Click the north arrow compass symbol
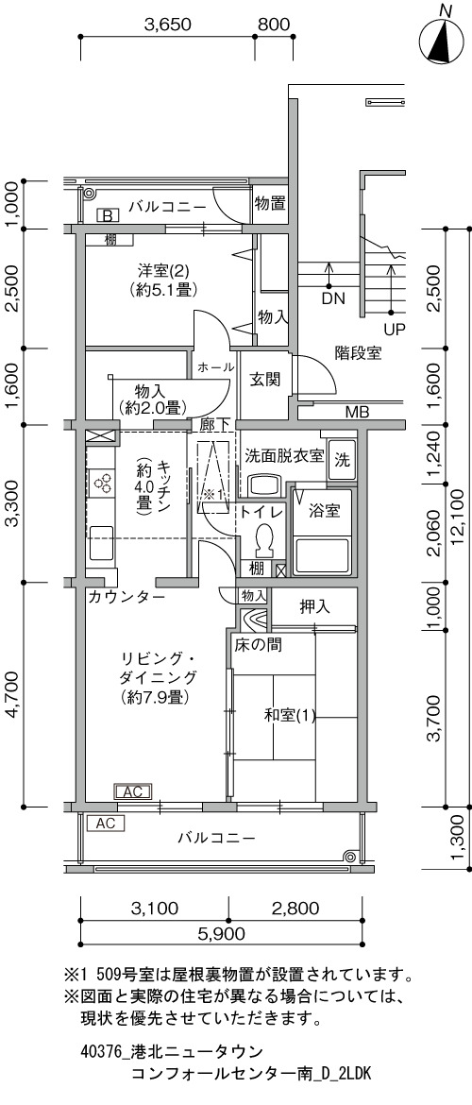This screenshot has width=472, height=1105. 445,41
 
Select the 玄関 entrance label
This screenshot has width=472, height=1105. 265,379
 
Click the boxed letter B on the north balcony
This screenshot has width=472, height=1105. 109,215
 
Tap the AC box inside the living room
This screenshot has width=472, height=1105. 133,792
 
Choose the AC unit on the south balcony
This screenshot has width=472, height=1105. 105,823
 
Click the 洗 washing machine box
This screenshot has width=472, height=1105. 343,461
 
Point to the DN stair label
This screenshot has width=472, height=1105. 333,298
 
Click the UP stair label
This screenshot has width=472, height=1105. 395,329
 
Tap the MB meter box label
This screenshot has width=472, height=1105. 356,413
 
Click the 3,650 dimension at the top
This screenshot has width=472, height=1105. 168,25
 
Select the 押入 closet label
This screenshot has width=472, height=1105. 314,605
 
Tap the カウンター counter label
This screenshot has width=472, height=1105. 126,598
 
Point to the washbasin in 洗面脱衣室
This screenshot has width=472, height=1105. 265,484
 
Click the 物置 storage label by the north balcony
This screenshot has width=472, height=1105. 271,205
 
